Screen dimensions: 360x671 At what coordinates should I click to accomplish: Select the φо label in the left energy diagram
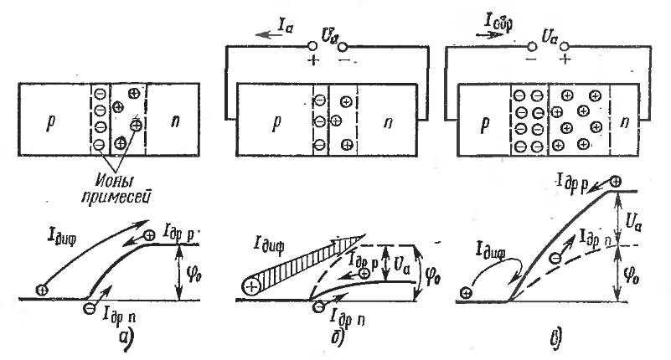[194, 272]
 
